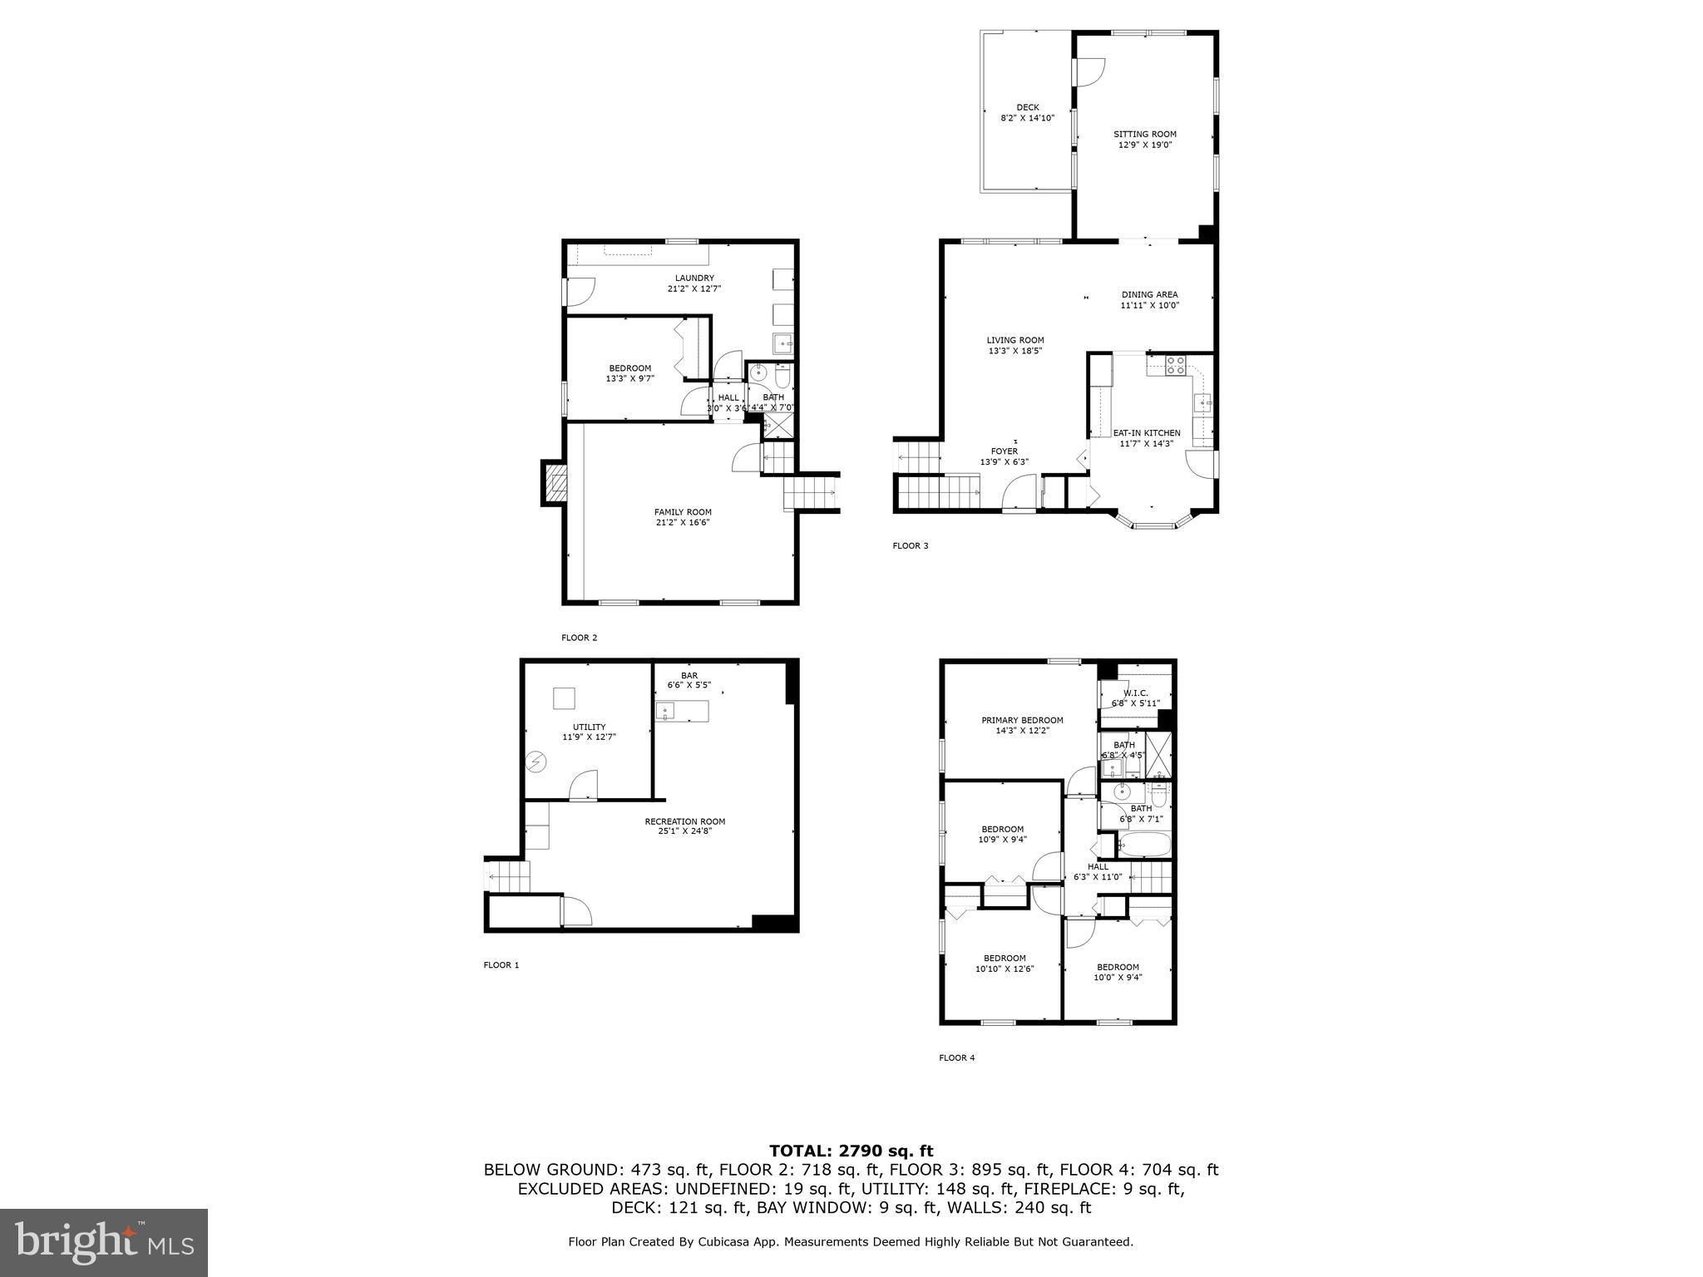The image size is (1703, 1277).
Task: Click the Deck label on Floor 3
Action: tap(1027, 107)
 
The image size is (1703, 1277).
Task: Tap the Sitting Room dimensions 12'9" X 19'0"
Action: tap(1145, 145)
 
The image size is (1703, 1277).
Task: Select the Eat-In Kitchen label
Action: tap(1146, 433)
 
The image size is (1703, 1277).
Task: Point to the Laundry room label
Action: tap(694, 278)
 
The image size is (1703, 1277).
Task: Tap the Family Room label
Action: tap(682, 512)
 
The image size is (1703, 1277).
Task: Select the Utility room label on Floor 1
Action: tap(589, 727)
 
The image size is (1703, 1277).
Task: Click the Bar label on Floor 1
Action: tap(689, 675)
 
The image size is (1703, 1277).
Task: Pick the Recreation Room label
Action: tap(684, 821)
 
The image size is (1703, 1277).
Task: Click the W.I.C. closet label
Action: tap(1135, 693)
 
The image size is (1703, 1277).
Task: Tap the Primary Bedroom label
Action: tap(1022, 720)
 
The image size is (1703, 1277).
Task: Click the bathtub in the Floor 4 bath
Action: tap(1145, 846)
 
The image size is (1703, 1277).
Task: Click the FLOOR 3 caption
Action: tap(910, 545)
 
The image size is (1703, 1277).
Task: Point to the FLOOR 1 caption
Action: tap(501, 965)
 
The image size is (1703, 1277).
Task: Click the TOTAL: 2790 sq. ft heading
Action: tap(851, 1151)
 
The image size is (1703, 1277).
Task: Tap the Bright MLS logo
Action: tap(104, 1243)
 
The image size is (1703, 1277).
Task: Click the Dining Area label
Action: tap(1149, 294)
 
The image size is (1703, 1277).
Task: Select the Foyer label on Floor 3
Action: tap(1004, 451)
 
